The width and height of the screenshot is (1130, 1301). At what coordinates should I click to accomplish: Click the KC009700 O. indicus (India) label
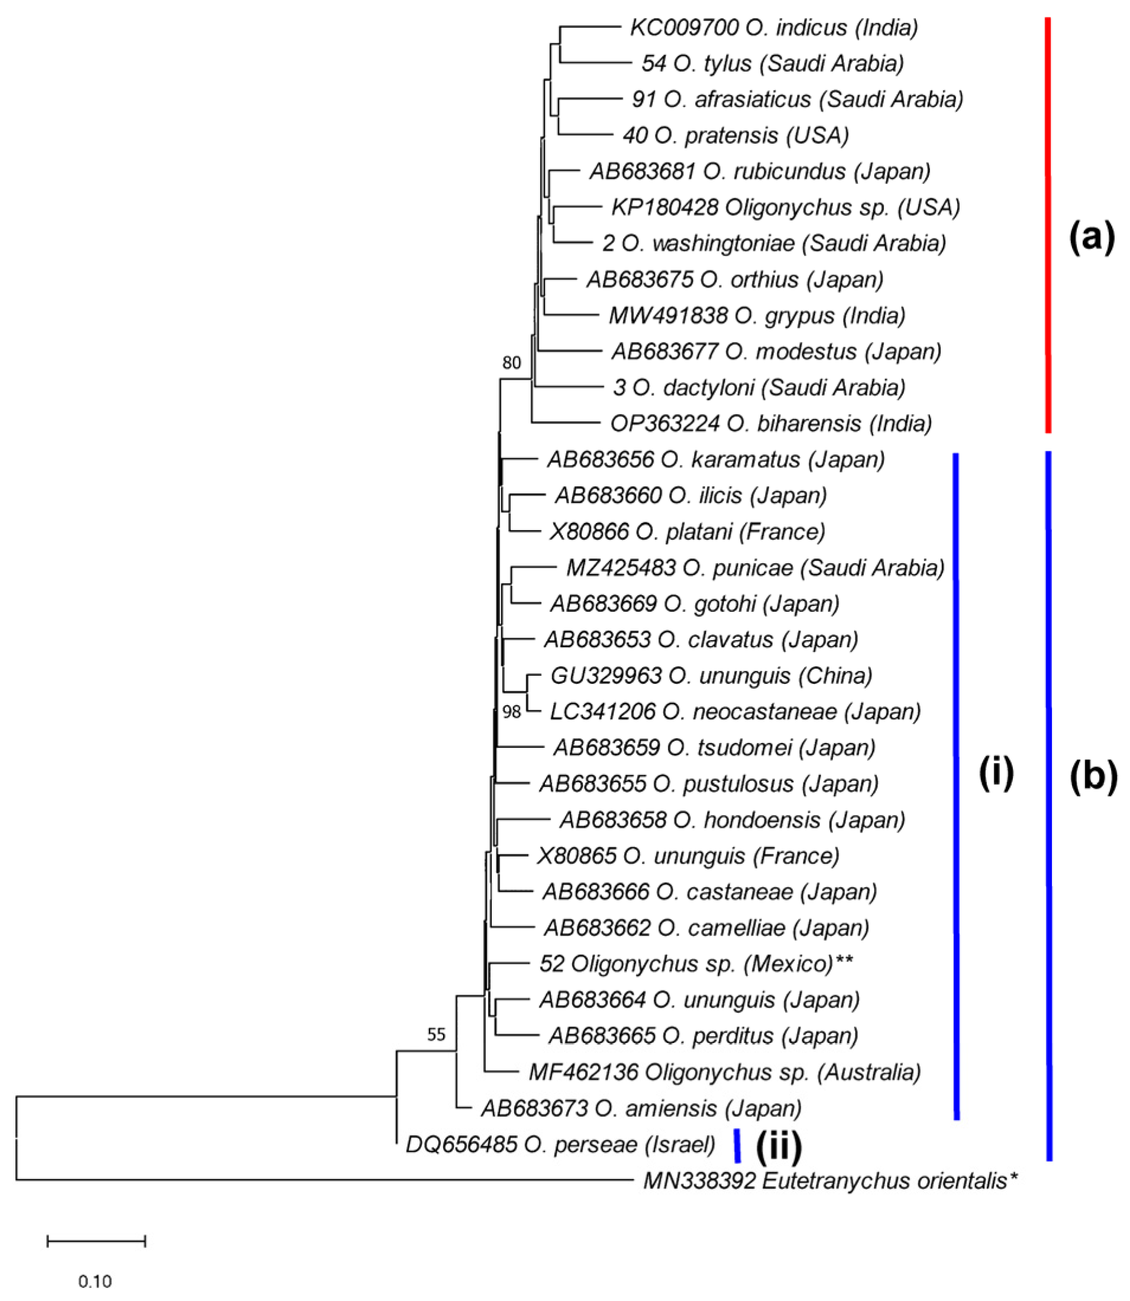[774, 28]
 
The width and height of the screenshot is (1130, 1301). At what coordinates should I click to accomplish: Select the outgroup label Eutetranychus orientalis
[831, 1180]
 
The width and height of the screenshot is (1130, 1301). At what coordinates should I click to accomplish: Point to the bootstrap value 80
[511, 363]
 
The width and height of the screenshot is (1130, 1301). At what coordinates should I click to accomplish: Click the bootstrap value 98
[511, 712]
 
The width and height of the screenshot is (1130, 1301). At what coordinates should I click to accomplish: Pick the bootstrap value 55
[437, 1034]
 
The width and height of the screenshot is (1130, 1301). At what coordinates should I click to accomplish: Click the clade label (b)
[1093, 776]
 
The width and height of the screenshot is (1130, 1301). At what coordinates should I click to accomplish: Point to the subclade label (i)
[996, 773]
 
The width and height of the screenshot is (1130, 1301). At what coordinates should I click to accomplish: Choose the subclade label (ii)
[779, 1146]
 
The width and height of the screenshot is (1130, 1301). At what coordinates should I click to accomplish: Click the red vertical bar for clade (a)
[1048, 225]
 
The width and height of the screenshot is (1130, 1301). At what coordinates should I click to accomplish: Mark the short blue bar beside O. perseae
[737, 1146]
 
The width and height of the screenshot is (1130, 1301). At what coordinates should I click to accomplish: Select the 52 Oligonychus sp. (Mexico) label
[696, 964]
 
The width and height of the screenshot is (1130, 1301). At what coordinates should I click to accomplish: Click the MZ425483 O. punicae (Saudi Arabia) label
[756, 567]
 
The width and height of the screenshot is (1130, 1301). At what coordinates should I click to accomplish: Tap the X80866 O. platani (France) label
[687, 532]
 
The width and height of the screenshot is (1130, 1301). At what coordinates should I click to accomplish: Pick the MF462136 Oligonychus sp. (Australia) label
[725, 1072]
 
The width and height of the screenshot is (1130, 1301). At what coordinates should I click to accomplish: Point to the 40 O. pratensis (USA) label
[736, 135]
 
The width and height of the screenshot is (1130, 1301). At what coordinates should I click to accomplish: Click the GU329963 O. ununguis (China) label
[711, 676]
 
